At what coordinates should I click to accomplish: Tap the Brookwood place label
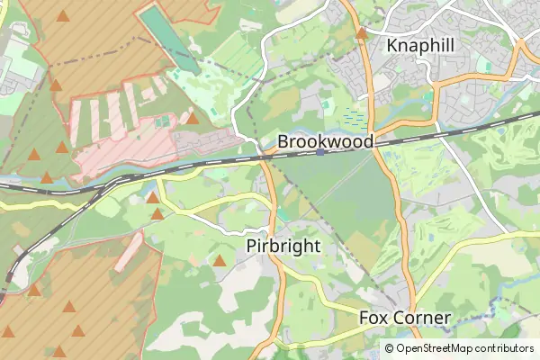325,142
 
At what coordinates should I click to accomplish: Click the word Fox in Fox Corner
374,318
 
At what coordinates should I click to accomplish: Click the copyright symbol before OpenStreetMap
390,348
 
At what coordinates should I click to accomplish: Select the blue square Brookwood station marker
320,152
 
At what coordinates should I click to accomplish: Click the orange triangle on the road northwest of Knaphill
361,34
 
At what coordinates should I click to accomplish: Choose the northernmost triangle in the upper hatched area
62,15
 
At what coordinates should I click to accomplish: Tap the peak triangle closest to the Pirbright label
220,261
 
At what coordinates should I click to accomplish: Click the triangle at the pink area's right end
192,118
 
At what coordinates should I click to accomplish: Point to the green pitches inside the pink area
162,121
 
